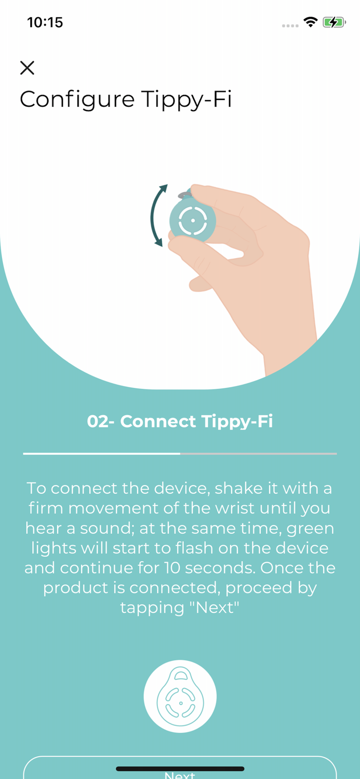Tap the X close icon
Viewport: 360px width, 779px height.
click(x=27, y=68)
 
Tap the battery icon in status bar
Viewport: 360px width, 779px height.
click(x=334, y=22)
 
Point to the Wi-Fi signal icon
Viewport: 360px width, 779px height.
click(x=311, y=22)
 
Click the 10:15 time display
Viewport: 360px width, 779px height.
click(x=45, y=22)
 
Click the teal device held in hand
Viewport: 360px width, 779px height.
click(x=193, y=221)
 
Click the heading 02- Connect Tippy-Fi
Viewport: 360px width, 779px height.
click(x=180, y=421)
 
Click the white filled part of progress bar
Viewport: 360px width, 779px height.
click(x=101, y=453)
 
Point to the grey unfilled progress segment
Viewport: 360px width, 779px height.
click(x=258, y=453)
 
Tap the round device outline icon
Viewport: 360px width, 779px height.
click(x=180, y=696)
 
